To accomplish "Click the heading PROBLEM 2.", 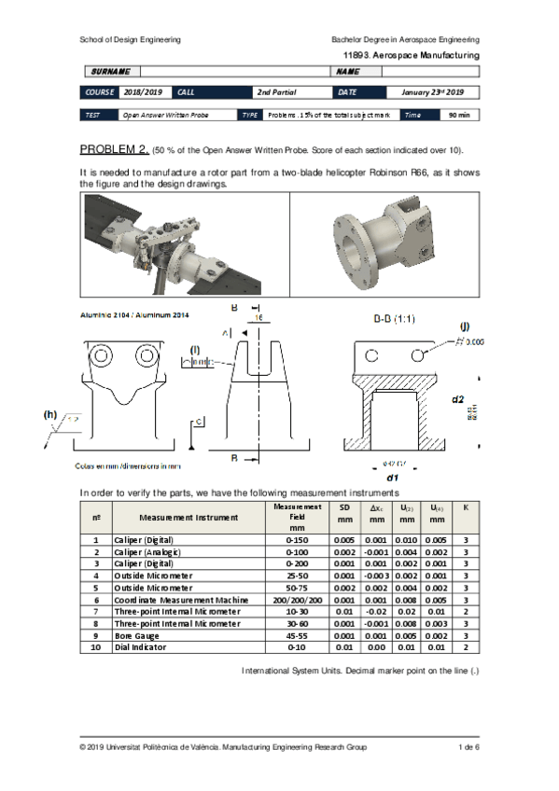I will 114,149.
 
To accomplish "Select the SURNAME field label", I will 110,72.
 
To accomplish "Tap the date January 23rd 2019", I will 432,92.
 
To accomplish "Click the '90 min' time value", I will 459,115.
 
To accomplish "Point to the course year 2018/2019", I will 143,92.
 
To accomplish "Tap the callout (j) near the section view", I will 464,326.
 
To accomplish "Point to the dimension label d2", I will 457,399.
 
